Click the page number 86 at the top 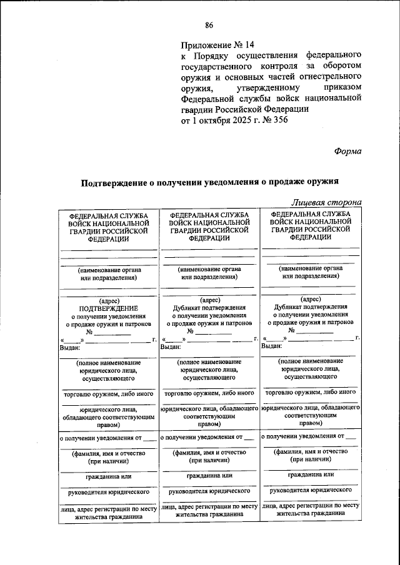pos(209,25)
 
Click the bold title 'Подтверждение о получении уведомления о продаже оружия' pos(208,182)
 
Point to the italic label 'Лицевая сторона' pos(326,202)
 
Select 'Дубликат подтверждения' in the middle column pos(209,308)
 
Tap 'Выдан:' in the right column pos(272,346)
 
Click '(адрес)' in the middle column pos(209,300)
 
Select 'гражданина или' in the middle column pos(209,476)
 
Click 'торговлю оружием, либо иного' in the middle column pos(209,394)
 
